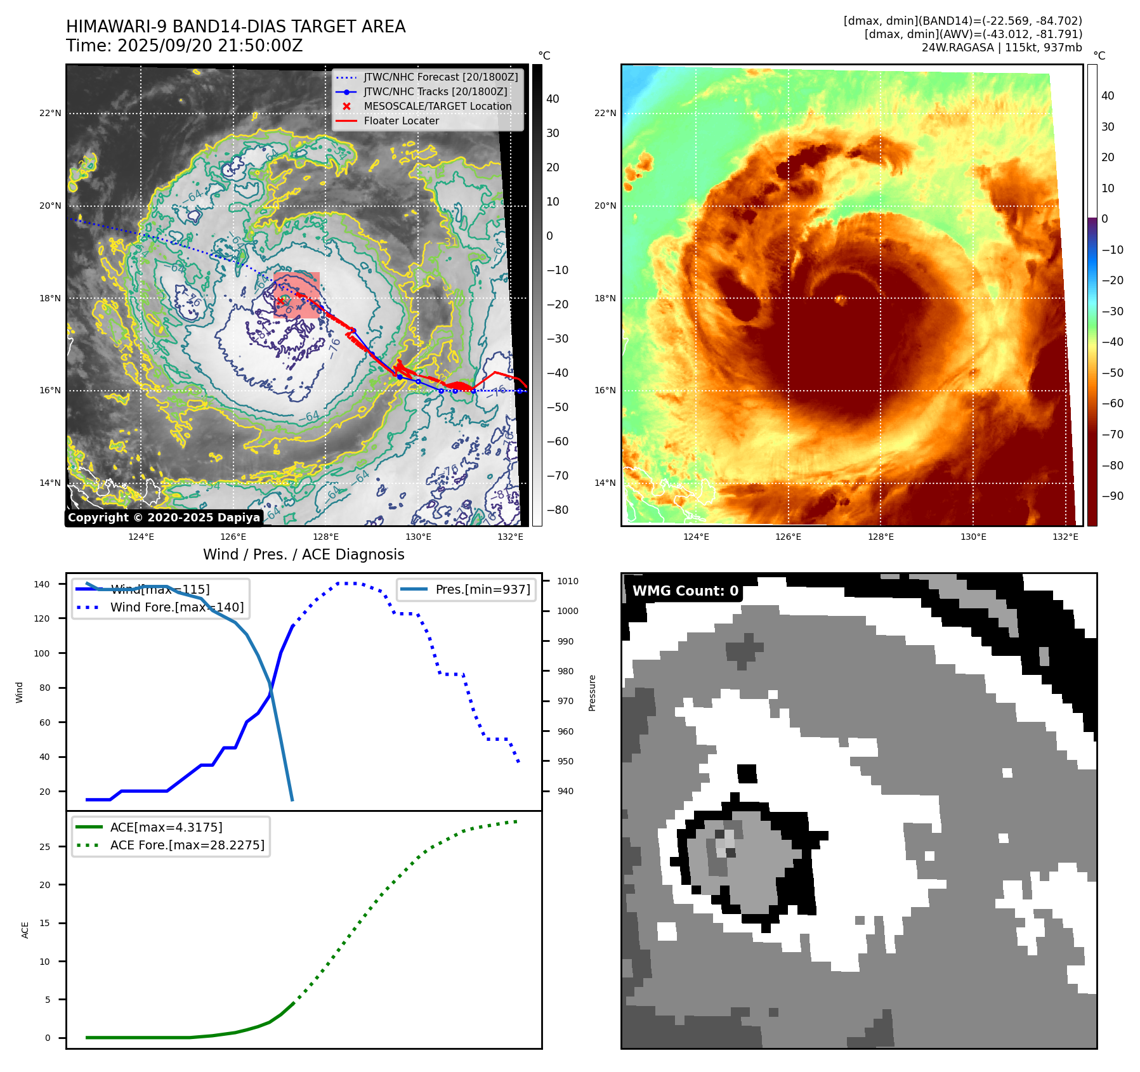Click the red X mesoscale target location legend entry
(x=437, y=106)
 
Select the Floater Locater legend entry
(x=401, y=121)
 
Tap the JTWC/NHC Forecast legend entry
(x=440, y=77)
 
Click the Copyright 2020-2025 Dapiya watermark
(x=164, y=518)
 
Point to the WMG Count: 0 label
(x=685, y=591)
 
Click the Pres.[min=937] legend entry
(x=482, y=589)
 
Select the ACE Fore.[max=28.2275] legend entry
(x=187, y=845)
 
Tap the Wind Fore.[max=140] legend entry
(x=177, y=607)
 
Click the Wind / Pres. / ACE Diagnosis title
(x=303, y=554)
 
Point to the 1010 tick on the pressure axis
(x=568, y=581)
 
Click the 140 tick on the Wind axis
(x=42, y=584)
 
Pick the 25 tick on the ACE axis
(x=44, y=847)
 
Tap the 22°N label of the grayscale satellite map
(x=50, y=114)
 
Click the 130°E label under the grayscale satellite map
(x=418, y=537)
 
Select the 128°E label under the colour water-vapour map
(x=881, y=537)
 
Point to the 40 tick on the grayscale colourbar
(x=553, y=99)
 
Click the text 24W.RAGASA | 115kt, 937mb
(x=1002, y=48)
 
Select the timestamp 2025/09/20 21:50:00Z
(x=210, y=46)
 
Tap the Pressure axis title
(x=592, y=693)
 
